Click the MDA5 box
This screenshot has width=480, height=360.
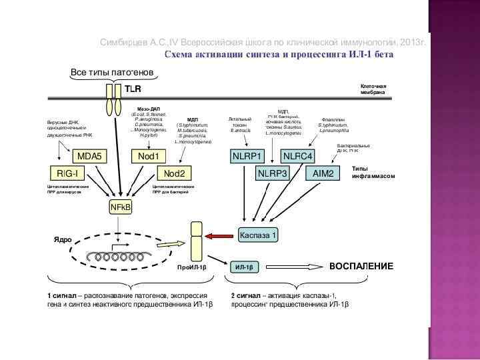tap(89, 156)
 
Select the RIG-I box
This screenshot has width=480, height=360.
tap(67, 173)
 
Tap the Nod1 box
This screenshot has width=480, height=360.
tap(148, 156)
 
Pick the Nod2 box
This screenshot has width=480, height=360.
tap(175, 173)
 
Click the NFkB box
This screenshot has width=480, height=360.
tap(121, 208)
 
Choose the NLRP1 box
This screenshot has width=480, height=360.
tap(247, 156)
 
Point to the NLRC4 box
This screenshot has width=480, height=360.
tap(298, 156)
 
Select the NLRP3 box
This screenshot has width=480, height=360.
tap(273, 173)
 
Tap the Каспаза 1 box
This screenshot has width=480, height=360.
tap(258, 235)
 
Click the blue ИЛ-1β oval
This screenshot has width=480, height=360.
tap(245, 267)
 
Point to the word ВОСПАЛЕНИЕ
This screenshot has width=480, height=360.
tap(361, 266)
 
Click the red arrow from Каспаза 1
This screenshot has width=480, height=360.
tap(218, 235)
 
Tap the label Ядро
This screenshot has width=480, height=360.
tap(62, 239)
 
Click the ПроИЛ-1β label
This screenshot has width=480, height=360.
tap(191, 267)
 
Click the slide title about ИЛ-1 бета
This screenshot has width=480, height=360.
tap(279, 54)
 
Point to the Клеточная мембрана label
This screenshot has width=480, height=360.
tap(373, 89)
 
